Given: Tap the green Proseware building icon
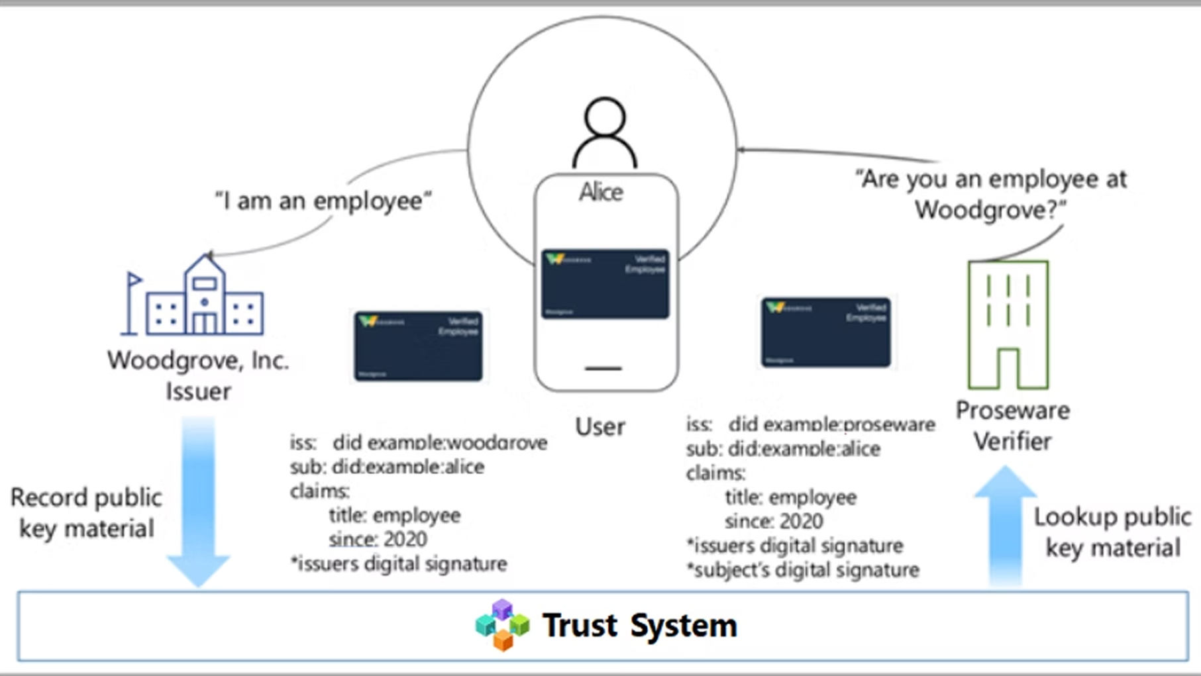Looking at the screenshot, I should (x=1008, y=324).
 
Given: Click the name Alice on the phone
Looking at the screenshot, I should (x=601, y=193).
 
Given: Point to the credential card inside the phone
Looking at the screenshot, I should (x=605, y=284).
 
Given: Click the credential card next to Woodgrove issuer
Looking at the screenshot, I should (x=418, y=346).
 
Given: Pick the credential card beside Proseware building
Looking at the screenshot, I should (x=825, y=332).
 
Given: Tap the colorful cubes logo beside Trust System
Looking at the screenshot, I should (x=502, y=625).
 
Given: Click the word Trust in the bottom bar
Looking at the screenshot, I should (x=580, y=625).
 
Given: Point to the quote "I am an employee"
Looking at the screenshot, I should (x=323, y=201).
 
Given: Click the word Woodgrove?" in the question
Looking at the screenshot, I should (x=990, y=211).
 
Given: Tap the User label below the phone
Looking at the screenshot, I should (x=600, y=427).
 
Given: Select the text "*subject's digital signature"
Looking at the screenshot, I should (x=803, y=570).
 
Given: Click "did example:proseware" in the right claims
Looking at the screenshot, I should (x=832, y=424).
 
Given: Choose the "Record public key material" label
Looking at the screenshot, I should (x=86, y=513).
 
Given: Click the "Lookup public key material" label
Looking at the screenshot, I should (x=1112, y=532).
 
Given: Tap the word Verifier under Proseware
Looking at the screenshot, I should (x=1012, y=442).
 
